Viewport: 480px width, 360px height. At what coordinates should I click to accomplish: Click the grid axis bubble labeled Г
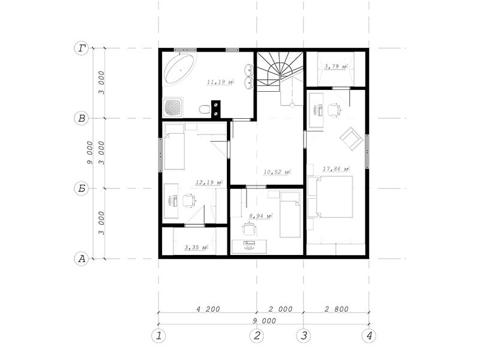[x=82, y=49]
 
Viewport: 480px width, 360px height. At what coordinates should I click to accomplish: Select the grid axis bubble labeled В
[x=82, y=118]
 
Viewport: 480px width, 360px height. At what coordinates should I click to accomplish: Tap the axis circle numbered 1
[x=158, y=336]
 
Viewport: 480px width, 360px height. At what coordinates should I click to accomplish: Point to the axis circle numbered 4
[x=368, y=336]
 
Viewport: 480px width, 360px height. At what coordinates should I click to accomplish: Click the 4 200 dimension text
[x=208, y=309]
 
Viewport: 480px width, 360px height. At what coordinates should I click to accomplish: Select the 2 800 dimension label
[x=337, y=309]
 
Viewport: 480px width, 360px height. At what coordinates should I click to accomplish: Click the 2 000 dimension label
[x=280, y=309]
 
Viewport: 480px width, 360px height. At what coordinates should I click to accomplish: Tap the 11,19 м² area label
[x=221, y=82]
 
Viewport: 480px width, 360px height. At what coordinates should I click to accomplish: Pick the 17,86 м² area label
[x=336, y=169]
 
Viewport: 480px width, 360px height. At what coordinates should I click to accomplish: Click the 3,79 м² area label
[x=336, y=66]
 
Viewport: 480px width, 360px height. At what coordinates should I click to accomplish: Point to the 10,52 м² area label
[x=277, y=172]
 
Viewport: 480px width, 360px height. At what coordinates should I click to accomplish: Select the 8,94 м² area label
[x=261, y=216]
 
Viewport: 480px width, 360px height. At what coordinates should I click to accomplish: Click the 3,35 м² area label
[x=196, y=247]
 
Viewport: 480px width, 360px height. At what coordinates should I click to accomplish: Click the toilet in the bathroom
[x=205, y=109]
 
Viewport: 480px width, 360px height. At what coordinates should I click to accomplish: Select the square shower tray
[x=173, y=107]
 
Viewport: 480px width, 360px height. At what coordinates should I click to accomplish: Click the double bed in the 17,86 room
[x=334, y=197]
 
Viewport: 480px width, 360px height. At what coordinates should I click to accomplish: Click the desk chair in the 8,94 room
[x=250, y=229]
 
